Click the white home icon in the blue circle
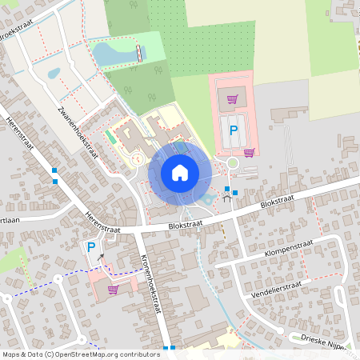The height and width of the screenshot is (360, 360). point(180,172)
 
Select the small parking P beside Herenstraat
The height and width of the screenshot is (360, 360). point(90,248)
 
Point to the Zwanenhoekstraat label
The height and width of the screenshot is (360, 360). point(76,131)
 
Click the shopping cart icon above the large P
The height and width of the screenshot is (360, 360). point(232,100)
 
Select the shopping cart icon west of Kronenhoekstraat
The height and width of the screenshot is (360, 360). point(113,290)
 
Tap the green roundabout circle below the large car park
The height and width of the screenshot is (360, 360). point(233,163)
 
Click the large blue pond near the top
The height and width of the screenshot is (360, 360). point(112,54)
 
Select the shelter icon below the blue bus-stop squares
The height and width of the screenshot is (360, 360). point(226,198)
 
